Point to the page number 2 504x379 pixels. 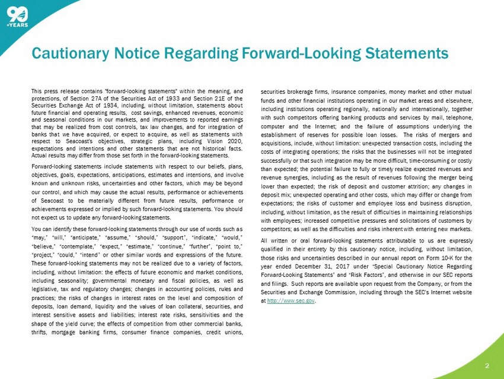click(x=486, y=365)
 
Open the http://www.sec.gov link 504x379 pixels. click(x=291, y=301)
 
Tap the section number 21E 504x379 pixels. click(x=222, y=98)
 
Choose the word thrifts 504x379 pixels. click(x=41, y=331)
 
